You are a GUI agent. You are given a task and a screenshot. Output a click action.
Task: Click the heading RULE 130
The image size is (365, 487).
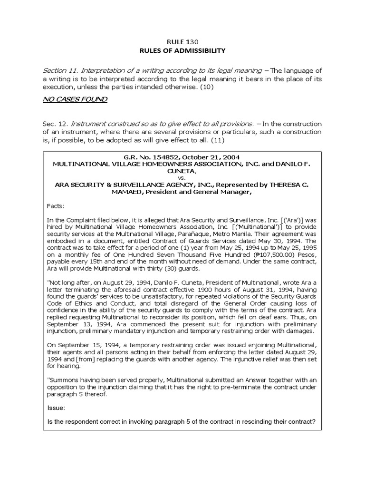point(182,42)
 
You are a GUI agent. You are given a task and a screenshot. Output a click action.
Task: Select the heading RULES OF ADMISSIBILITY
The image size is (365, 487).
point(182,50)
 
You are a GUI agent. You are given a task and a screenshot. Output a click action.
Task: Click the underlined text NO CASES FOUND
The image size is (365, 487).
point(75,99)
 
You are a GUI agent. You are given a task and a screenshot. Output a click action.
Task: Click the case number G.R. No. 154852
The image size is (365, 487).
point(146,156)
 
